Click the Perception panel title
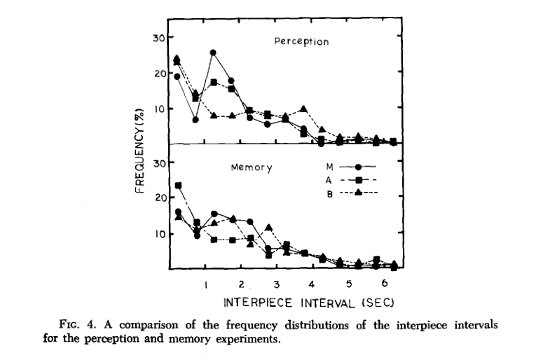[x=301, y=42]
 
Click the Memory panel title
[x=251, y=168]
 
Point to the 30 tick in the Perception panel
[x=158, y=36]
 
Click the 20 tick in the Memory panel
[x=158, y=198]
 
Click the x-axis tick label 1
[x=205, y=285]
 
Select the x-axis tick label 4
[x=312, y=285]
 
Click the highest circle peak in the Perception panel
[x=213, y=53]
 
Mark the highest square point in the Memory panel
[x=178, y=186]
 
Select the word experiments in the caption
[x=247, y=341]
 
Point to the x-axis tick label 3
[x=277, y=285]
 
